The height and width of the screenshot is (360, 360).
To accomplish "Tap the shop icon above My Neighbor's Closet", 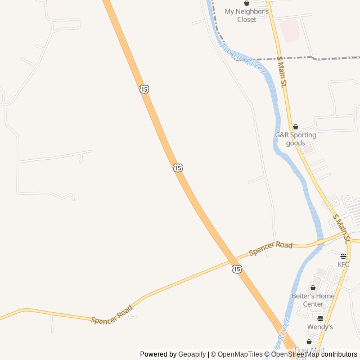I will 246,3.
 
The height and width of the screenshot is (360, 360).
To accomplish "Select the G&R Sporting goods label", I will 295,139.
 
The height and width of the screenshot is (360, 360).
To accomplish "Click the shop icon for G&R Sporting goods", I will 295,127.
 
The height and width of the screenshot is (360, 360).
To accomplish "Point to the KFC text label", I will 343,264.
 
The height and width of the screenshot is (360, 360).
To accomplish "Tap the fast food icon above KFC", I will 343,255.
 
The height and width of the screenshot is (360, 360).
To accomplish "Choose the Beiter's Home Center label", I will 313,300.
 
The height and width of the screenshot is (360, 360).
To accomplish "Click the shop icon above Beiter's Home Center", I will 313,288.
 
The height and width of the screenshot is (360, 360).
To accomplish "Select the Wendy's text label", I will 320,327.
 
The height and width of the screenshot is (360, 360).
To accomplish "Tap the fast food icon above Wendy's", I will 320,318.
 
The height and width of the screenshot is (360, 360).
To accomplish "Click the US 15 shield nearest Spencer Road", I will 237,269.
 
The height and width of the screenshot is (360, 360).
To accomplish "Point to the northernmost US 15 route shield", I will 145,89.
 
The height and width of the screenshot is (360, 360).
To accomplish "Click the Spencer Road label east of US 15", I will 271,249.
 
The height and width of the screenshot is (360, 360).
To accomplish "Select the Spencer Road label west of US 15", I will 112,314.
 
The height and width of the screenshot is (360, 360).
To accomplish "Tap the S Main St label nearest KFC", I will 341,228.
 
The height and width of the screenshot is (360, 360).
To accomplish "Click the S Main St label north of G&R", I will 282,71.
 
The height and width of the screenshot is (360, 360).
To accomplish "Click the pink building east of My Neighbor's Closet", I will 290,30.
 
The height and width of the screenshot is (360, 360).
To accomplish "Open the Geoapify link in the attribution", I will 192,354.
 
